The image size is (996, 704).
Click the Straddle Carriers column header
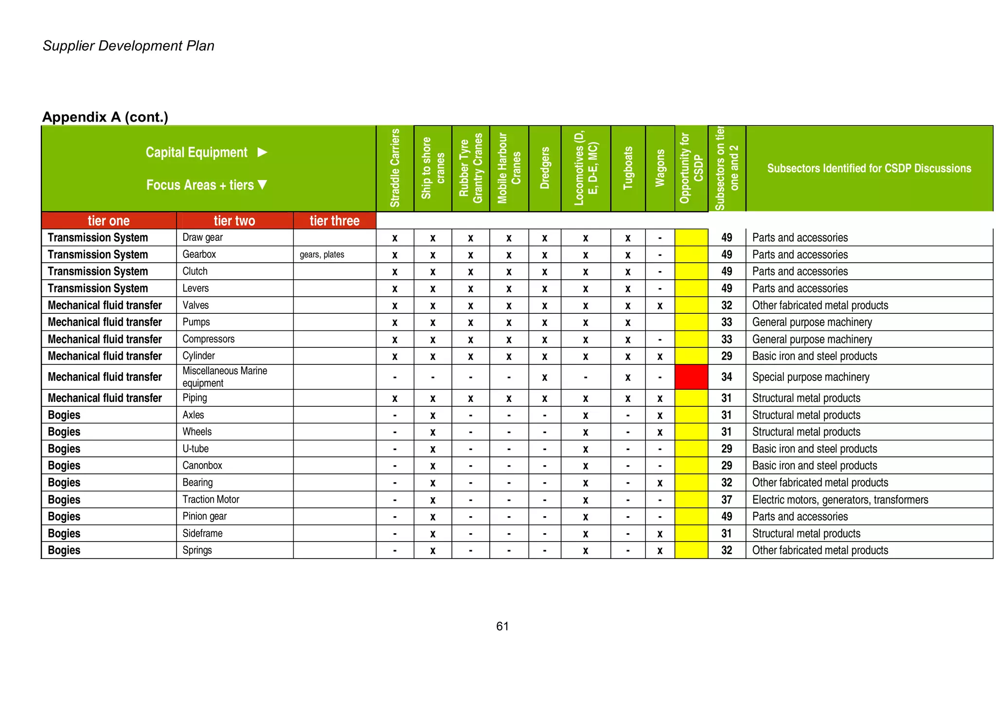pyautogui.click(x=395, y=168)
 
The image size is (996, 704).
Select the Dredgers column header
pyautogui.click(x=545, y=168)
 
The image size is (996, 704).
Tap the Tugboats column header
pyautogui.click(x=628, y=168)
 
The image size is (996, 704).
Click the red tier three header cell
pyautogui.click(x=335, y=221)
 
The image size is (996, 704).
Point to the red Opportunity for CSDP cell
pyautogui.click(x=691, y=377)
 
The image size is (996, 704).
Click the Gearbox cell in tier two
pyautogui.click(x=199, y=254)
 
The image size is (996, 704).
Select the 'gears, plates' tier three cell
pyautogui.click(x=322, y=254)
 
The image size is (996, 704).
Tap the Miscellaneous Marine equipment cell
pyautogui.click(x=225, y=377)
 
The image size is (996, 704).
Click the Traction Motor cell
pyautogui.click(x=211, y=500)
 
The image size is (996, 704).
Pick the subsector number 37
pyautogui.click(x=727, y=500)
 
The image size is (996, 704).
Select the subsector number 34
pyautogui.click(x=727, y=377)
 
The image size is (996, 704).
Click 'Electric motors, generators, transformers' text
pyautogui.click(x=840, y=500)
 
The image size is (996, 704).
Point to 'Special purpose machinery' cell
pyautogui.click(x=811, y=377)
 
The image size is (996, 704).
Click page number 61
pyautogui.click(x=502, y=626)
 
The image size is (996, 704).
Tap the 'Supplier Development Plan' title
pyautogui.click(x=128, y=46)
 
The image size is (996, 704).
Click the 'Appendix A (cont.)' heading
pyautogui.click(x=105, y=117)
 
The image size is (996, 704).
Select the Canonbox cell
pyautogui.click(x=202, y=466)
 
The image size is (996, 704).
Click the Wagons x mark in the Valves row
pyautogui.click(x=659, y=306)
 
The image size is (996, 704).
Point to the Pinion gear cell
pyautogui.click(x=205, y=516)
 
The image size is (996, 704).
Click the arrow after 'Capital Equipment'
pyautogui.click(x=262, y=152)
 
